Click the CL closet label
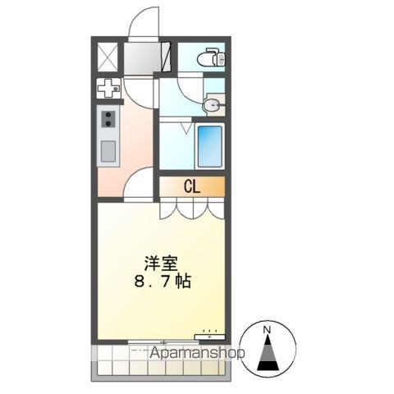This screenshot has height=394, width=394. coord(192,187)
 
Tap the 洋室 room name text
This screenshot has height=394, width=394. coord(161,263)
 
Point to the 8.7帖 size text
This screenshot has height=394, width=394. coord(163,281)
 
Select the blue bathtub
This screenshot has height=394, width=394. coord(209,146)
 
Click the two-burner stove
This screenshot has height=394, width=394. coord(108,119)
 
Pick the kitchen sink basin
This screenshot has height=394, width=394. coord(108,151)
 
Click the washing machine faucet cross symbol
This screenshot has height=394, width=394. coord(108,89)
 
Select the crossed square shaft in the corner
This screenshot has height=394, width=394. coord(108,57)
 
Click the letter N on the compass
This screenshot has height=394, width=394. coord(268,330)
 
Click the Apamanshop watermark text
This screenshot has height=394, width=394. coord(197,353)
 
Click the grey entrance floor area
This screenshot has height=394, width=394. coord(142,57)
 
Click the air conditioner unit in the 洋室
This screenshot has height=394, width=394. coord(209,337)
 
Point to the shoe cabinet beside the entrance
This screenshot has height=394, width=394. coord(166,57)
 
